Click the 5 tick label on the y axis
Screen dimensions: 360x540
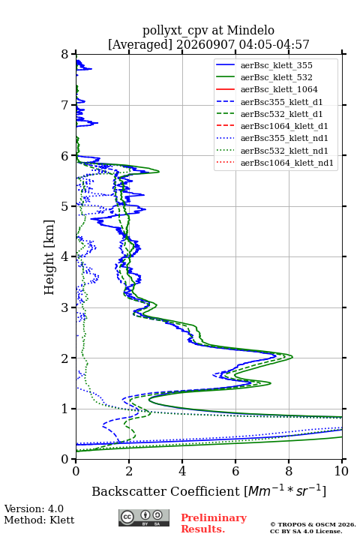[65, 206]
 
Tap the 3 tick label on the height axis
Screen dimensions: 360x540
[65, 307]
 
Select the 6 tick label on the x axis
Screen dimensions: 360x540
[235, 471]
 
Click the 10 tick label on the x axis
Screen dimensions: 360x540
[342, 471]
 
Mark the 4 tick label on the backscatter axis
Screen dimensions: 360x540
[182, 471]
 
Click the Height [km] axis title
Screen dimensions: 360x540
[49, 257]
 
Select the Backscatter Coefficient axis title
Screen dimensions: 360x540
[208, 490]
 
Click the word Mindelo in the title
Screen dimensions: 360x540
[250, 30]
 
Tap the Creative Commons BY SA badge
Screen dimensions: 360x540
[144, 517]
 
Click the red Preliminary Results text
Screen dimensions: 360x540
[214, 523]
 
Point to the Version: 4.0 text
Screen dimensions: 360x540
[34, 508]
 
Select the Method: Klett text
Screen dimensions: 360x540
[39, 520]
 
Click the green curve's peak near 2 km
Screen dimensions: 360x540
[292, 357]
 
